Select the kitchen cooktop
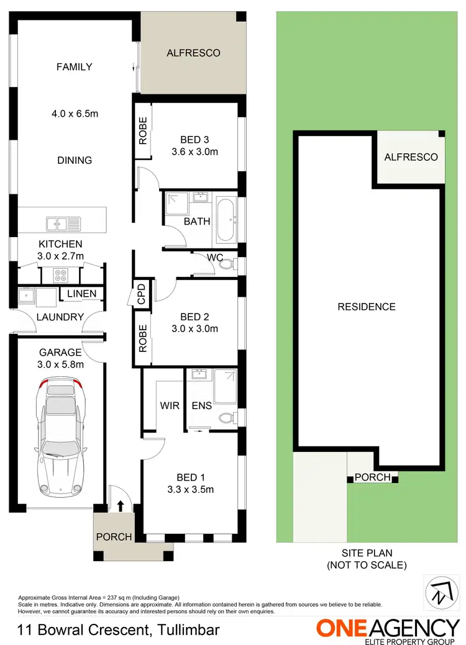pyautogui.click(x=61, y=274)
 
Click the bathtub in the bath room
pyautogui.click(x=226, y=220)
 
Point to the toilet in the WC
pyautogui.click(x=226, y=264)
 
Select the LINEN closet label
pyautogui.click(x=81, y=294)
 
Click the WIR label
pyautogui.click(x=170, y=405)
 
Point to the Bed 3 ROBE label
pyautogui.click(x=143, y=131)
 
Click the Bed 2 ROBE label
pyautogui.click(x=143, y=338)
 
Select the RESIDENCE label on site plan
pyautogui.click(x=366, y=307)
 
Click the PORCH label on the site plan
pyautogui.click(x=372, y=477)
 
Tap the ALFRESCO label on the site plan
pyautogui.click(x=411, y=157)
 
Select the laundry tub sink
pyautogui.click(x=27, y=296)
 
